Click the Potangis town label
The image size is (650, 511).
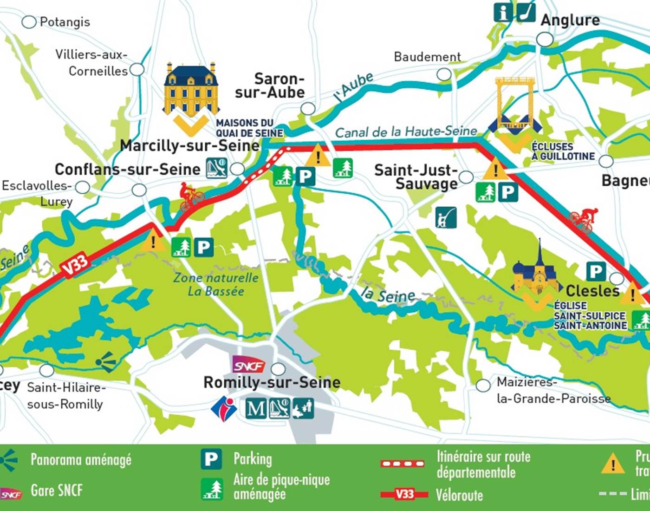(65, 22)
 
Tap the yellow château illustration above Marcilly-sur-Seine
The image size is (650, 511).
(191, 89)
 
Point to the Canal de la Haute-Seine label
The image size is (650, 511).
(406, 132)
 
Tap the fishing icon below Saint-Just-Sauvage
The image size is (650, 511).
(446, 217)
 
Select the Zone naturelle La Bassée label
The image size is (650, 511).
(216, 284)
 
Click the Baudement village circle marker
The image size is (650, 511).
(444, 74)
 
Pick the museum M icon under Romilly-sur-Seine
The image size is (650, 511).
(256, 408)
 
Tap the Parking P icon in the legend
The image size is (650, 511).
(211, 459)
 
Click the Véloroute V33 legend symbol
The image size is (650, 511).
(404, 494)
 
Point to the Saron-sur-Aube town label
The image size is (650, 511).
(270, 85)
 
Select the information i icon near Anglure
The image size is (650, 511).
(503, 13)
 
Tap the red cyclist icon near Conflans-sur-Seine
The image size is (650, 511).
(192, 196)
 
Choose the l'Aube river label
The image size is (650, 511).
(354, 87)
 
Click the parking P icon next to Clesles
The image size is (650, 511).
(596, 271)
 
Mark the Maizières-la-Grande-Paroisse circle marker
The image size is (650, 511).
(483, 385)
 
